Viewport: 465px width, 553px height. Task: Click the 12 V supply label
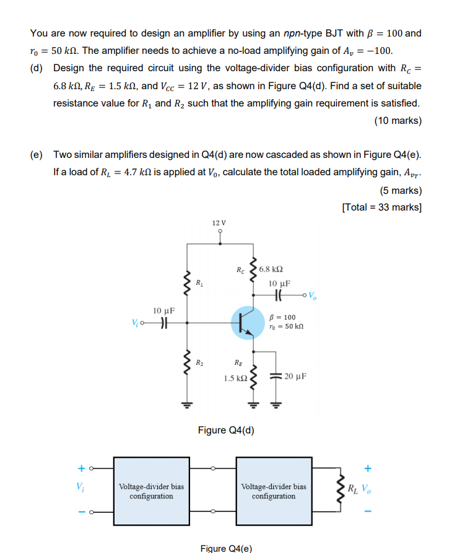[219, 222]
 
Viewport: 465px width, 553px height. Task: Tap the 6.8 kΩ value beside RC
[271, 269]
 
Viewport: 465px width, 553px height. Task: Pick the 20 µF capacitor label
[296, 375]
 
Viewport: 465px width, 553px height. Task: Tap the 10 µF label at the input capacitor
[163, 310]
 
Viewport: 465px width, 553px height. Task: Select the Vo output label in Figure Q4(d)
[312, 294]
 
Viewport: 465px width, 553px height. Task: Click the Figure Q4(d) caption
[226, 430]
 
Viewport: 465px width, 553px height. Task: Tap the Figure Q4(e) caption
[226, 548]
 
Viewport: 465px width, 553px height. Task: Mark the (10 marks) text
[398, 121]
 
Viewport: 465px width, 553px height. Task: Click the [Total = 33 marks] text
[381, 207]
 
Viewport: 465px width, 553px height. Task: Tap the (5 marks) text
[400, 190]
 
